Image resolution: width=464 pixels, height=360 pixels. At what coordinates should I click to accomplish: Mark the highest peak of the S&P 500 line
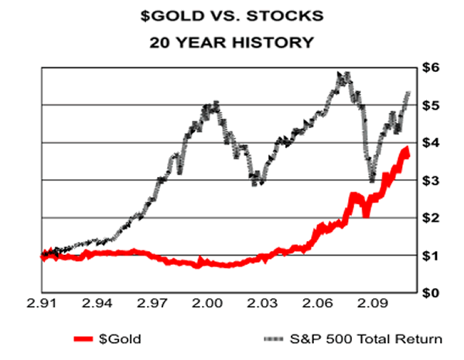[343, 74]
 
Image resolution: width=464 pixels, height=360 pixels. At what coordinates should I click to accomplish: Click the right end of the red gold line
[407, 152]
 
